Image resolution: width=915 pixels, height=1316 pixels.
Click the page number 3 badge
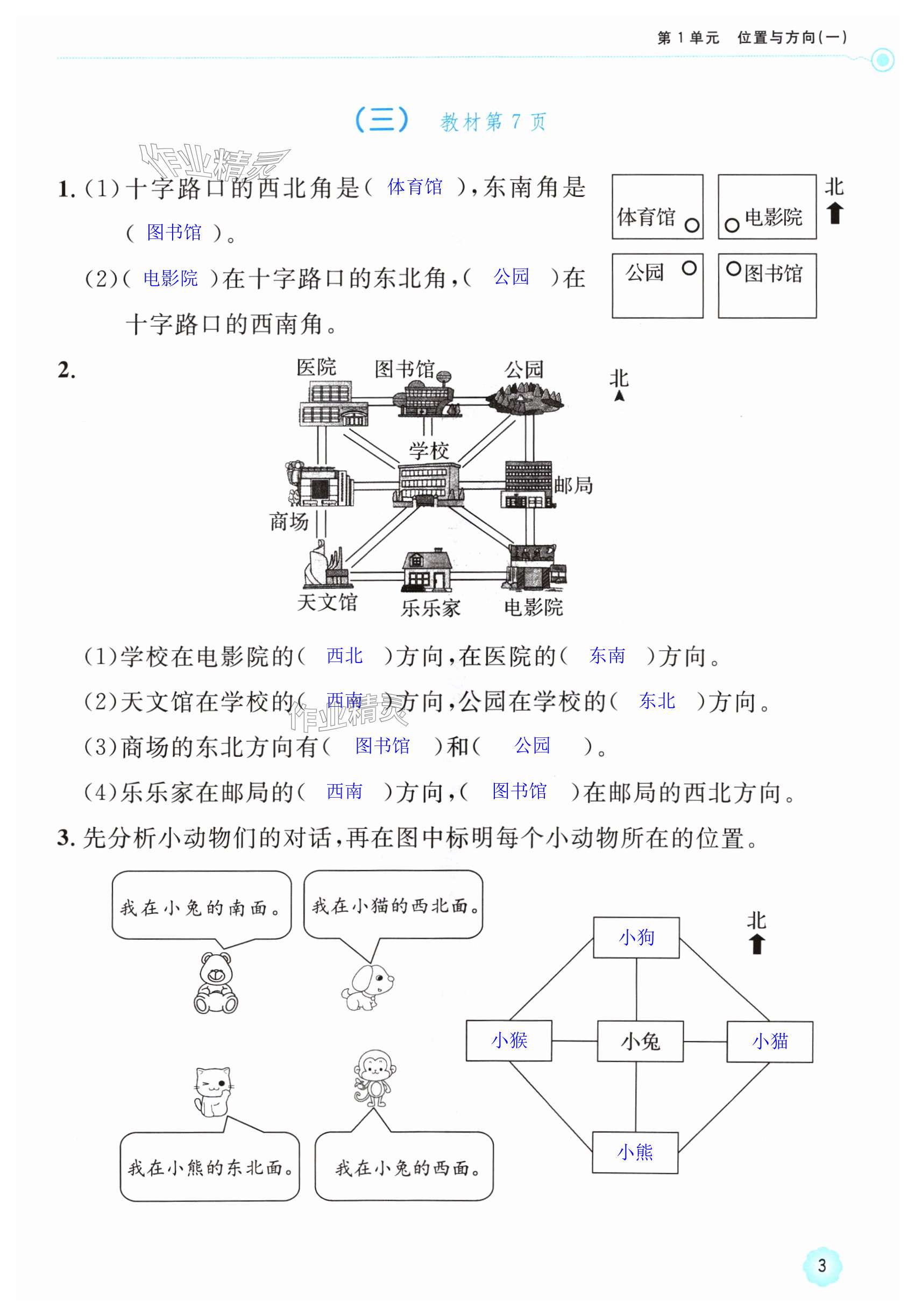pos(822,1265)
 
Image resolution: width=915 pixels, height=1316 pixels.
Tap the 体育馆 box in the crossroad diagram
pos(657,207)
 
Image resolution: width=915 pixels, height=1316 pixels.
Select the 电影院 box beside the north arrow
pos(767,207)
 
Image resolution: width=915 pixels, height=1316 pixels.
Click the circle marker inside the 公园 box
pos(689,268)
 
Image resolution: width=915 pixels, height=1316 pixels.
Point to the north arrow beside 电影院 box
pos(835,213)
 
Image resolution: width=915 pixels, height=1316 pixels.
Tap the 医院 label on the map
pos(316,368)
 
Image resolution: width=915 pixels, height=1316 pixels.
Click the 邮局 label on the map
pos(573,485)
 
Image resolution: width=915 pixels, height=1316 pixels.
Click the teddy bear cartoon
pos(215,982)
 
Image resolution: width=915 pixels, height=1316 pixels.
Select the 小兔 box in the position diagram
pos(640,1041)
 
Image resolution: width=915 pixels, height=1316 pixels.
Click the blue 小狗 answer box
pos(636,938)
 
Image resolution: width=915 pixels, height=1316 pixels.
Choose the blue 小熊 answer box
pos(635,1152)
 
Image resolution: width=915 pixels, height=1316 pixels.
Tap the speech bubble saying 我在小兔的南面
pos(201,906)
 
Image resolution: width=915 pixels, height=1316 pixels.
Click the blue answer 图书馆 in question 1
pos(174,232)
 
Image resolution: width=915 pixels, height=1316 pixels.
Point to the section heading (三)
pos(381,120)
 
